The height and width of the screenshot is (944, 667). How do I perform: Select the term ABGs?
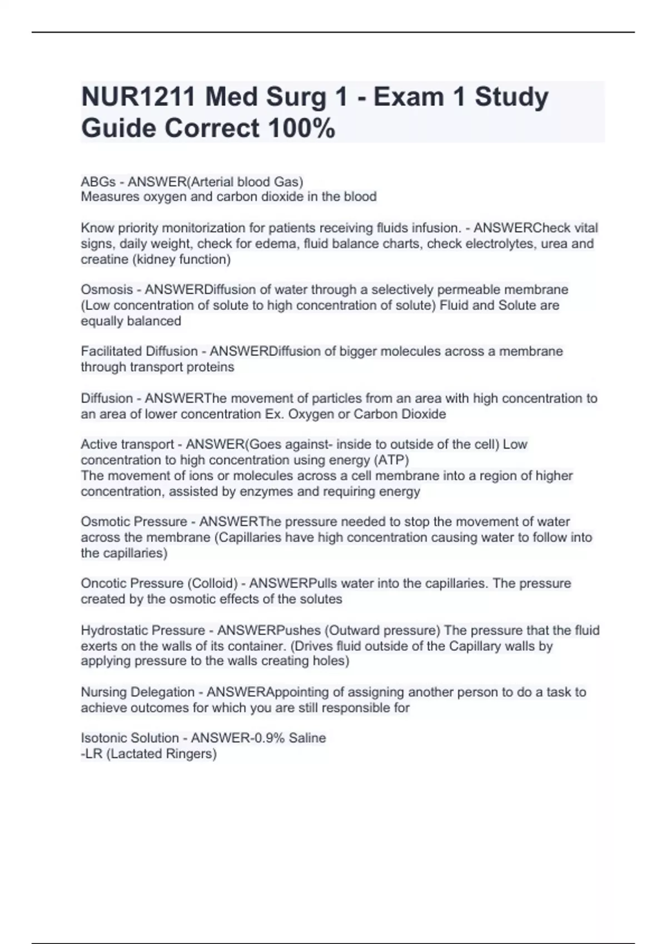click(98, 182)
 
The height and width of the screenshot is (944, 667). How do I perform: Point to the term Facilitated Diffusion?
click(139, 352)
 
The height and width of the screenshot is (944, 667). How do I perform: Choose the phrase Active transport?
click(127, 444)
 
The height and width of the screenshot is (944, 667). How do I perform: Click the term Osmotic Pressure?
click(134, 522)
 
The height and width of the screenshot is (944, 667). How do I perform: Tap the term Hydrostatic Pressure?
click(143, 631)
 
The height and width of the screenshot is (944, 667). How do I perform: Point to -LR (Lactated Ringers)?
click(148, 754)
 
